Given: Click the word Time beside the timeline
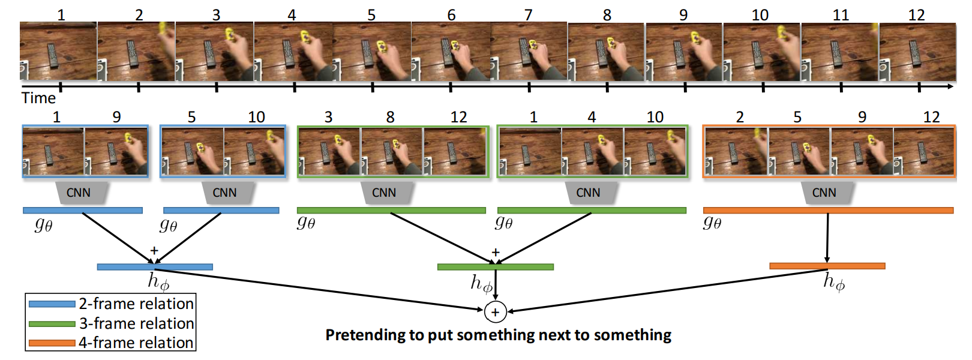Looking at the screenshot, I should pos(38,98).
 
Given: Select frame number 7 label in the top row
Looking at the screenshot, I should pos(528,14).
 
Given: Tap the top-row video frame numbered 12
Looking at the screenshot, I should pos(917,52).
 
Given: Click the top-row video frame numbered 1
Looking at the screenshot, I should pos(58,52).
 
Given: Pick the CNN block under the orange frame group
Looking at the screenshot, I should pos(824,193).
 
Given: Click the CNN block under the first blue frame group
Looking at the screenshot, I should pos(79,193).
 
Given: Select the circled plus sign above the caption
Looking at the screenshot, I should pos(495,312).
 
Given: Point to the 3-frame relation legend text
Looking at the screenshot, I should pos(137,323).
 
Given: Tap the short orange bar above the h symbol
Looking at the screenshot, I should pos(827,266).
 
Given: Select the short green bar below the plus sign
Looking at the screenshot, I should pos(495,267).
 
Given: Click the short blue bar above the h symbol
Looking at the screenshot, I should pos(155,267).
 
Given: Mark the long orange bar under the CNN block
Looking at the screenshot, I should pos(828,211).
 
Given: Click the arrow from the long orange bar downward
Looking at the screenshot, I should pos(827,238).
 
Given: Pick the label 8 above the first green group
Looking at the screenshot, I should pos(390,117).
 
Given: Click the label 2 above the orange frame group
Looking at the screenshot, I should pos(740,117).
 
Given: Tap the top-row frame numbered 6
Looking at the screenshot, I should pos(451,52).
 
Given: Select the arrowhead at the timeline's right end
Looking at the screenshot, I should pos(950,87).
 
